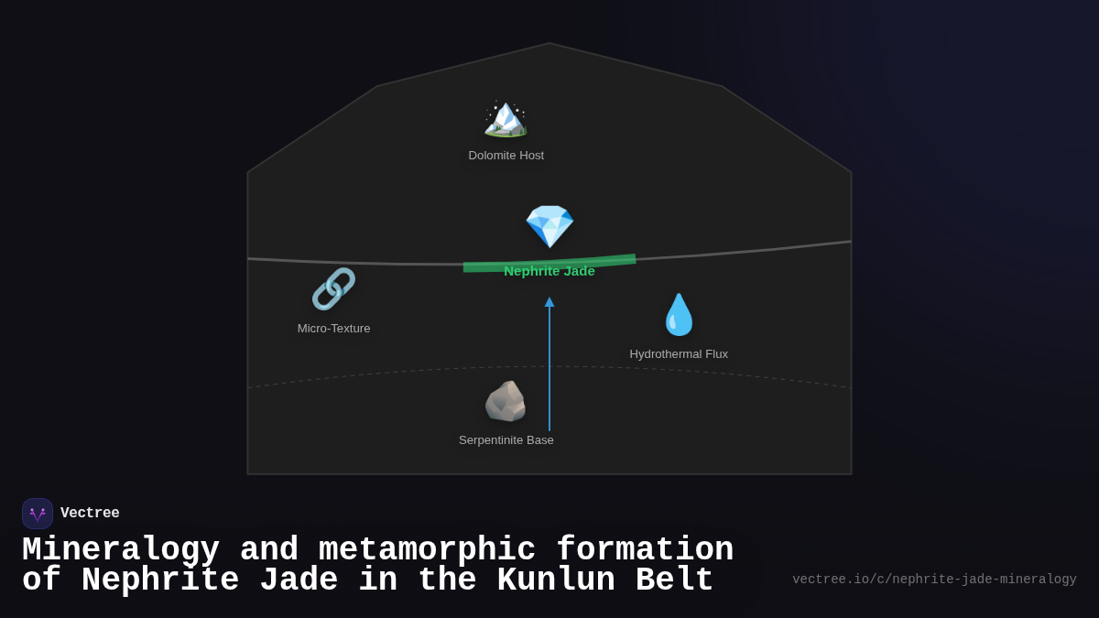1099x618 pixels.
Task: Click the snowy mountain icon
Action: pyautogui.click(x=506, y=119)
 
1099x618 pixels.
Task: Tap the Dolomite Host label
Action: pyautogui.click(x=506, y=156)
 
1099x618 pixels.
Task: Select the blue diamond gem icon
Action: pyautogui.click(x=549, y=227)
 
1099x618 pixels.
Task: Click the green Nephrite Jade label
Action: pyautogui.click(x=549, y=271)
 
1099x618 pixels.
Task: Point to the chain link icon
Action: pyautogui.click(x=333, y=289)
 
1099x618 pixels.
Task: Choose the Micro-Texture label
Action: pyautogui.click(x=333, y=329)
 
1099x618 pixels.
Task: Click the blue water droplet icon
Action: pyautogui.click(x=679, y=315)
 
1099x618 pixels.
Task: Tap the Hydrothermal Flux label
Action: pyautogui.click(x=679, y=354)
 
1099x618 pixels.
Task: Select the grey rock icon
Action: pyautogui.click(x=506, y=401)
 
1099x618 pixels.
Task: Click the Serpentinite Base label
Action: pyautogui.click(x=506, y=440)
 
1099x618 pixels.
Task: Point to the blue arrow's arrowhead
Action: pyautogui.click(x=549, y=301)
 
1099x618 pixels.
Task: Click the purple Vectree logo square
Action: pyautogui.click(x=38, y=514)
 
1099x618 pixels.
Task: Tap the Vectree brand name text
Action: pyautogui.click(x=90, y=513)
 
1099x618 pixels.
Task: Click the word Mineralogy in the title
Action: pyautogui.click(x=121, y=549)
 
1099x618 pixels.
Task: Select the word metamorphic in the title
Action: pyautogui.click(x=427, y=548)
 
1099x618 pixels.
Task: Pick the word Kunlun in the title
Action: pyautogui.click(x=556, y=580)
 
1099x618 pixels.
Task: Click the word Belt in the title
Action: pyautogui.click(x=674, y=580)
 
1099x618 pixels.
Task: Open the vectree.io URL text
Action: pyautogui.click(x=934, y=580)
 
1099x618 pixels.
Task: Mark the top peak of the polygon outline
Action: pyautogui.click(x=549, y=43)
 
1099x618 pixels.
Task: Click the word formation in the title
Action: pyautogui.click(x=645, y=548)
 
